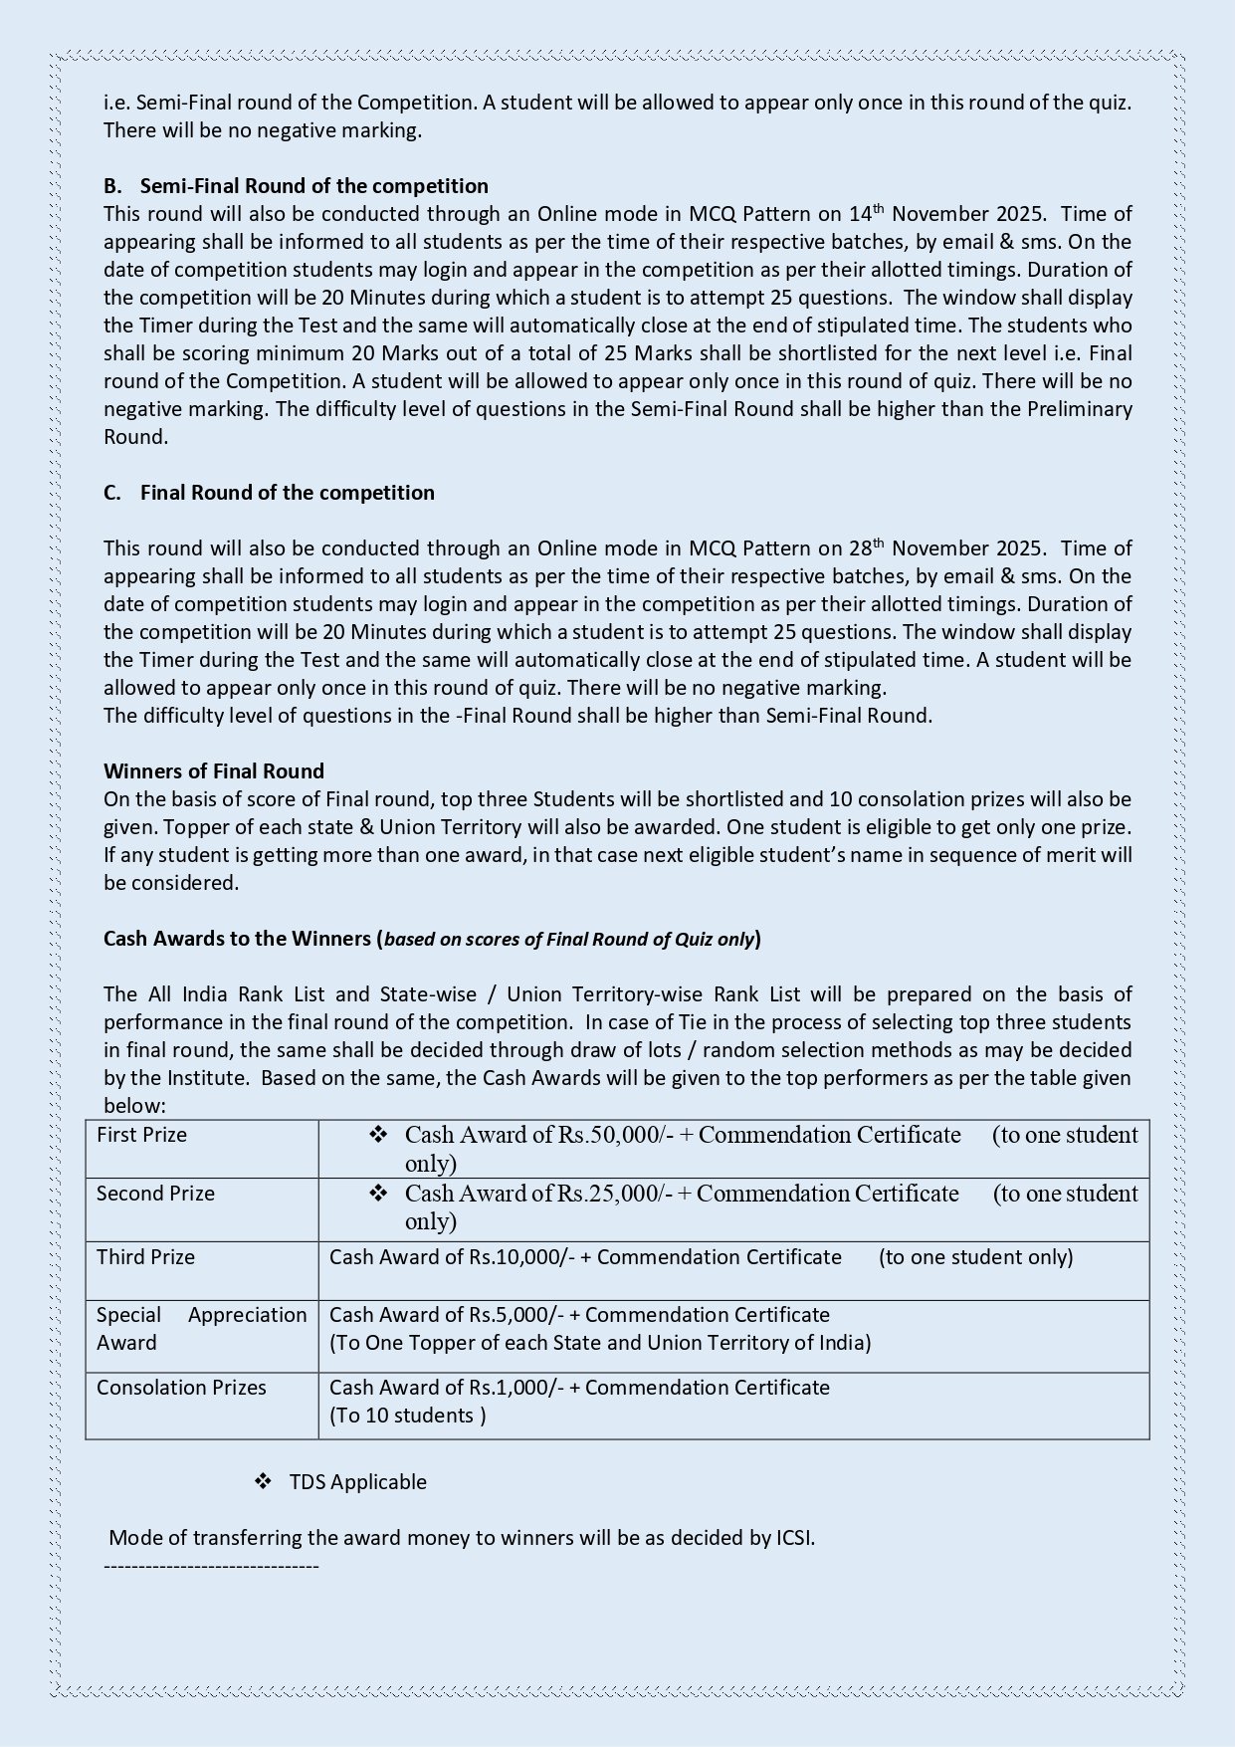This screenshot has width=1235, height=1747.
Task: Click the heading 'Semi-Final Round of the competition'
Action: [313, 186]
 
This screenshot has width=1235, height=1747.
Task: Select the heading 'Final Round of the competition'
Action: [287, 493]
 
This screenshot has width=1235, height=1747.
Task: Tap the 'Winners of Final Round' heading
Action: [214, 771]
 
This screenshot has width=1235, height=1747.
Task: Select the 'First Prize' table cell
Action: [141, 1135]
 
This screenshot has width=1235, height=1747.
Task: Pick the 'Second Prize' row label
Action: [155, 1194]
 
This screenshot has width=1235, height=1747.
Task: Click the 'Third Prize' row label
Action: [145, 1257]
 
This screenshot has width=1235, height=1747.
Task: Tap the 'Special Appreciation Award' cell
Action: [201, 1329]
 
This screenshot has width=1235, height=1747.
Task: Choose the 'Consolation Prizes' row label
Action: [181, 1388]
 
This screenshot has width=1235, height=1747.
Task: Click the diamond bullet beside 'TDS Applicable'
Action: [264, 1481]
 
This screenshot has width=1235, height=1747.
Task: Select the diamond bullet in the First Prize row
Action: [378, 1135]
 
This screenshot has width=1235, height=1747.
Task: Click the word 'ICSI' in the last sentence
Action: [794, 1538]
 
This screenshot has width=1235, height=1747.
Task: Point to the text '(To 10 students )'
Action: [408, 1416]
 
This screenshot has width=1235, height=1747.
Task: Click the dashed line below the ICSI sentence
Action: [211, 1567]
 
